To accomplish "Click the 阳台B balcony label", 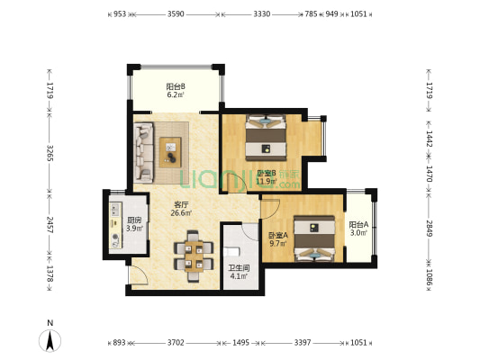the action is click(x=176, y=86).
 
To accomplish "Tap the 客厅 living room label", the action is click(x=181, y=204).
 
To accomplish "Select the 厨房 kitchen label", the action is click(x=134, y=220).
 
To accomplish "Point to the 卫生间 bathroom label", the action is click(x=239, y=268).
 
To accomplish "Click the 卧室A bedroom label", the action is click(x=278, y=236).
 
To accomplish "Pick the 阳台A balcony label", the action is click(x=358, y=225).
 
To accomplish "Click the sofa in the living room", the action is click(x=143, y=153).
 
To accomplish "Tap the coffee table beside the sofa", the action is click(x=170, y=152).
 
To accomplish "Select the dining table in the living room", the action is click(x=194, y=256).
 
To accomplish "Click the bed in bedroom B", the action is click(x=266, y=138).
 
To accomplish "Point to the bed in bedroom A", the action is click(x=314, y=238).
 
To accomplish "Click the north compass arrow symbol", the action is click(x=50, y=341).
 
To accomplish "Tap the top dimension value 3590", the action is click(x=176, y=14).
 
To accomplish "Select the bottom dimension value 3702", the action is click(x=176, y=343).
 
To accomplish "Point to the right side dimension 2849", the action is click(x=430, y=229).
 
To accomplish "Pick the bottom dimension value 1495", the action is click(x=241, y=343).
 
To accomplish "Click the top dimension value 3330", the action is click(x=262, y=14).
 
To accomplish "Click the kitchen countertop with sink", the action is click(x=115, y=225).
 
